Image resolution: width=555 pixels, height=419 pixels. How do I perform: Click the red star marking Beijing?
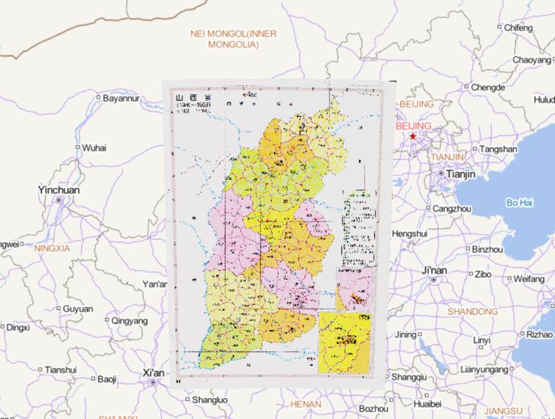click(x=413, y=136)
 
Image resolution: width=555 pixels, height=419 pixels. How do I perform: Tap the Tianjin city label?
click(x=461, y=174)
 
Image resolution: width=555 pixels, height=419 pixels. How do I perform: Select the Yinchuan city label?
click(x=59, y=190)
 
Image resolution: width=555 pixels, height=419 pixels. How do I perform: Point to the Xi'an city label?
click(x=153, y=373)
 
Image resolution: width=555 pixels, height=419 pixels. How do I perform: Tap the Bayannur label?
click(x=120, y=98)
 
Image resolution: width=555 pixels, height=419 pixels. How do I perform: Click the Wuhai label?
click(x=93, y=147)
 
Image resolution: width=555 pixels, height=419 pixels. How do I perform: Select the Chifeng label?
click(x=518, y=27)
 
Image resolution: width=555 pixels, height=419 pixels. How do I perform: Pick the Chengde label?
click(x=489, y=87)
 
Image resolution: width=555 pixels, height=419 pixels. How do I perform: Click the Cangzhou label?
click(x=452, y=208)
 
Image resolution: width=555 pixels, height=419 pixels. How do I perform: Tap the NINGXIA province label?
click(x=51, y=248)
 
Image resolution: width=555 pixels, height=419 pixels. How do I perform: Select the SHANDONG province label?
click(x=468, y=311)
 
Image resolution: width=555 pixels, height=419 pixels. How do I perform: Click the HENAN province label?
click(x=305, y=404)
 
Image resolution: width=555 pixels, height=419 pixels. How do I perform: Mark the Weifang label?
click(x=529, y=278)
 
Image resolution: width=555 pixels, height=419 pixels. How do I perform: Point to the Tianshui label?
click(x=60, y=369)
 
